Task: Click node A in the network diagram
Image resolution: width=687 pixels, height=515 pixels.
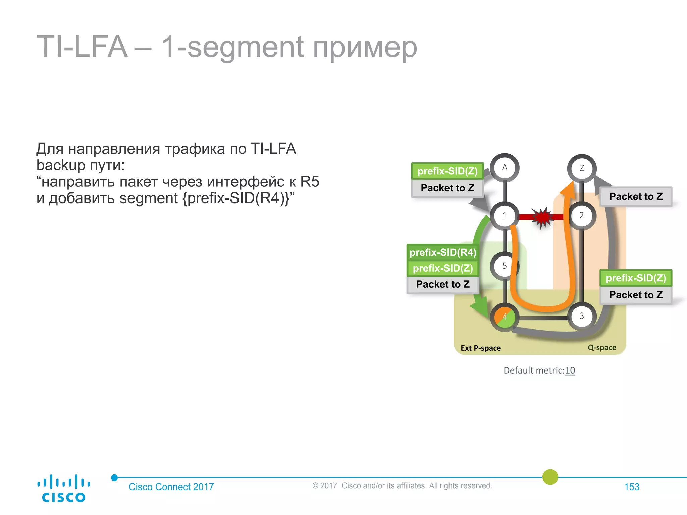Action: point(505,168)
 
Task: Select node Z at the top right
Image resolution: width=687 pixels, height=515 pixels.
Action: point(582,168)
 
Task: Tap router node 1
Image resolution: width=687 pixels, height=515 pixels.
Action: point(505,216)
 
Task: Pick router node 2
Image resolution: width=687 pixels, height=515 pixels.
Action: point(582,216)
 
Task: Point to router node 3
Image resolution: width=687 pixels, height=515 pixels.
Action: point(582,316)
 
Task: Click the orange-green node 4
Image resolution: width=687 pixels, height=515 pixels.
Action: point(505,317)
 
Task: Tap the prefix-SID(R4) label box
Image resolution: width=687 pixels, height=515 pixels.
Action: point(443,252)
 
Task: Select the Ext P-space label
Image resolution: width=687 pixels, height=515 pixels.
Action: point(481,348)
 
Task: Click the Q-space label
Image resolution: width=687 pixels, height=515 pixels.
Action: point(602,348)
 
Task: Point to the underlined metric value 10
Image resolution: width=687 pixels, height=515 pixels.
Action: point(570,370)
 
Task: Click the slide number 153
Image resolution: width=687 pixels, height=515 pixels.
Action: point(632,487)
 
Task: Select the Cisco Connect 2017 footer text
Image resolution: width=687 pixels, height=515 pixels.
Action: point(171,487)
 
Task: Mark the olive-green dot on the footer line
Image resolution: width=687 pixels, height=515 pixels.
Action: point(550,477)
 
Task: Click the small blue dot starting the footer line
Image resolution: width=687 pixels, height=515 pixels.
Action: point(114,478)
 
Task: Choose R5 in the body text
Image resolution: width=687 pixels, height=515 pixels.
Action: point(309,182)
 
